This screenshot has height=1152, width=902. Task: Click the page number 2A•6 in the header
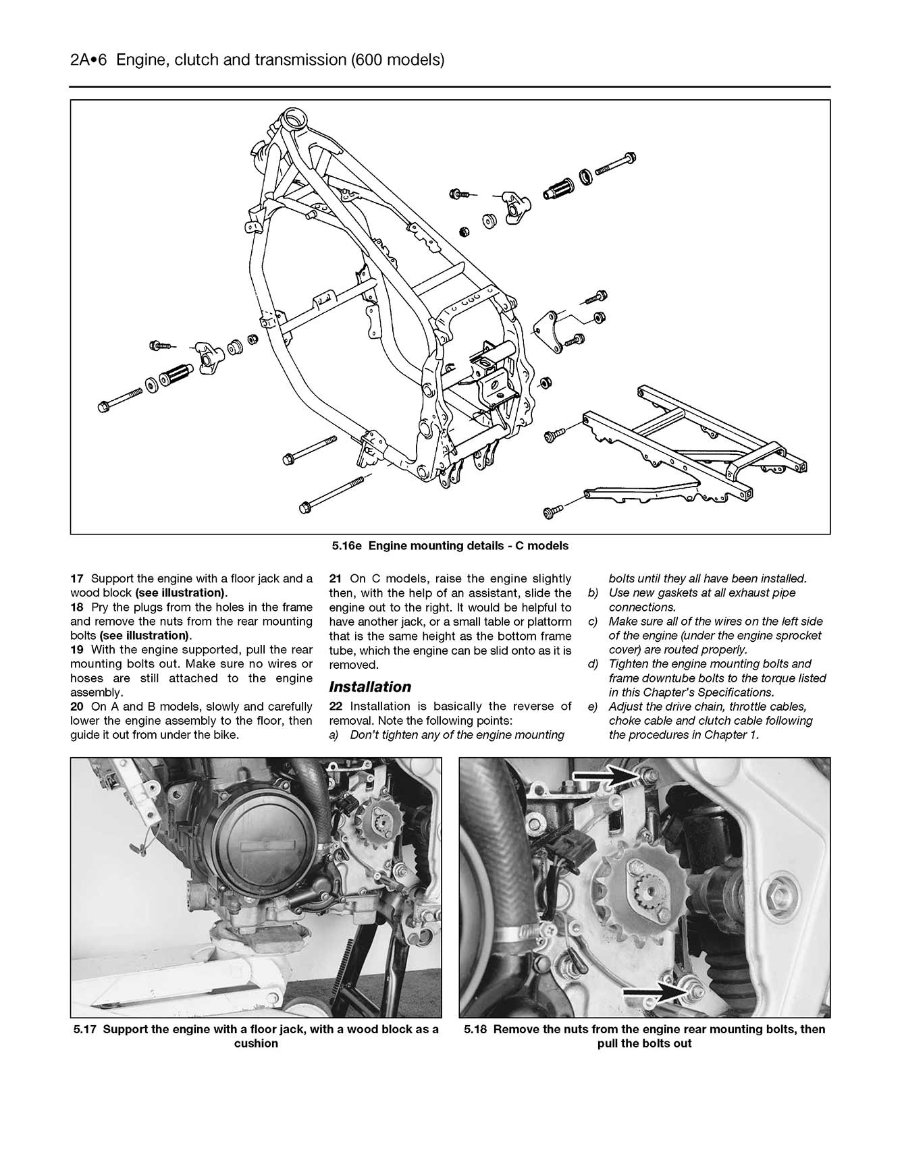(89, 60)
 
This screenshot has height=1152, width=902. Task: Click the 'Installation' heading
(369, 687)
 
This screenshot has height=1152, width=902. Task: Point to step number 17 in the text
(76, 578)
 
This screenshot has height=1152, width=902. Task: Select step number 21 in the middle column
(336, 578)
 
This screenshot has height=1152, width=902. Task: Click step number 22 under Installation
(336, 706)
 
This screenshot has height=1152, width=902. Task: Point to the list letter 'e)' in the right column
(593, 707)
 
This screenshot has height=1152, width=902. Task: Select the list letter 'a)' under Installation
(334, 735)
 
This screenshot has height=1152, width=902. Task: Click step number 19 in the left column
(76, 650)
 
